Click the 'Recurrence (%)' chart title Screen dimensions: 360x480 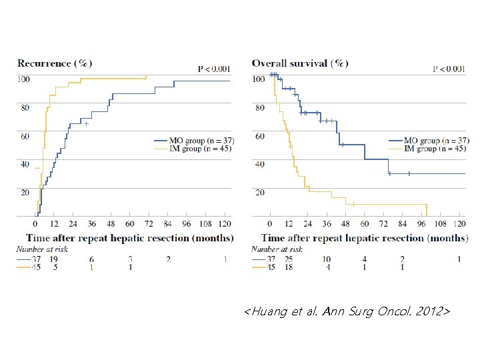55,63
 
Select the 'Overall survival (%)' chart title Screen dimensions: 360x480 299,63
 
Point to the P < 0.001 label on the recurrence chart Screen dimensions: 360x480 214,68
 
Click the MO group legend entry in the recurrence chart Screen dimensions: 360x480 193,141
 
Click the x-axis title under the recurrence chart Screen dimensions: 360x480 130,238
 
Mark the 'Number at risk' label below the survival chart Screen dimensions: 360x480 277,249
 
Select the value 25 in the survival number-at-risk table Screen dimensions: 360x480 288,259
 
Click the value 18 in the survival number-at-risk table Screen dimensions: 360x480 288,267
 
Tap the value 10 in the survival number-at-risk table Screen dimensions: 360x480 326,259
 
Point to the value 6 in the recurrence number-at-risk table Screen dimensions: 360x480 91,259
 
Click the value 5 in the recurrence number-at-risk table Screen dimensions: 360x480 55,267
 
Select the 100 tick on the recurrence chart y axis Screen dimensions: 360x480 24,79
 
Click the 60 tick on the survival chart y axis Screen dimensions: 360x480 259,136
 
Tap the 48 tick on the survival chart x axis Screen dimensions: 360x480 345,225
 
